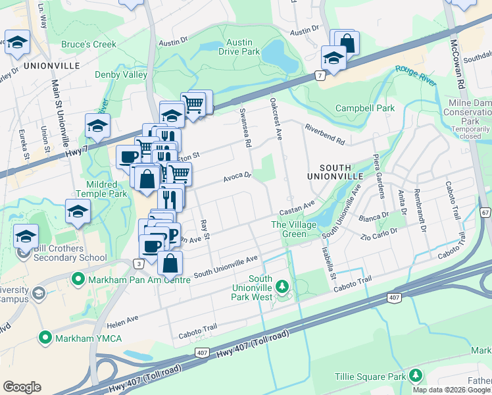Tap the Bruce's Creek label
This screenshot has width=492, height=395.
[x=89, y=45]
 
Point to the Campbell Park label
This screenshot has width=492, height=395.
[x=364, y=108]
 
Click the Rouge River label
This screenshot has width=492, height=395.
[x=415, y=74]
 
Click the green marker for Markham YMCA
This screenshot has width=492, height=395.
[x=45, y=338]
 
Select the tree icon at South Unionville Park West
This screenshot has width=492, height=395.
[x=282, y=286]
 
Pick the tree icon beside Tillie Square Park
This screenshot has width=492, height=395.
[x=415, y=376]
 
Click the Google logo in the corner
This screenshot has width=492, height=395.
[x=22, y=387]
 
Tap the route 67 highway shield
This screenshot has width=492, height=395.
[x=485, y=213]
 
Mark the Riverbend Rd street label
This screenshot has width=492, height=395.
[x=324, y=132]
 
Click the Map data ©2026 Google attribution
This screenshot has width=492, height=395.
[x=452, y=390]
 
